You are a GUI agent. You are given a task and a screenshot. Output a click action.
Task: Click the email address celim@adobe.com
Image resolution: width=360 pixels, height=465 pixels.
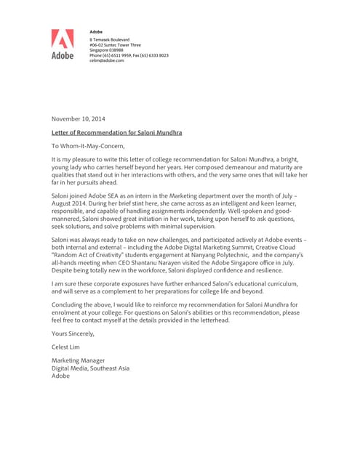pyautogui.click(x=107, y=60)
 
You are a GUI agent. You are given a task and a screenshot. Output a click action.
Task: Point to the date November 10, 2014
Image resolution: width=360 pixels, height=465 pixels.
pyautogui.click(x=78, y=118)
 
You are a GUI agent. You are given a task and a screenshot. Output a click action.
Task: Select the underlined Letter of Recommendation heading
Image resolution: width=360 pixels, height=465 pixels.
pyautogui.click(x=116, y=133)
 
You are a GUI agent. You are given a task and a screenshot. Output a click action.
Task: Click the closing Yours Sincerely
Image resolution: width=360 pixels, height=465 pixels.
pyautogui.click(x=73, y=333)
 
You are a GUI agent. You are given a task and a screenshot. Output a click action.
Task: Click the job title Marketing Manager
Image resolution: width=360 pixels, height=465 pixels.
pyautogui.click(x=78, y=360)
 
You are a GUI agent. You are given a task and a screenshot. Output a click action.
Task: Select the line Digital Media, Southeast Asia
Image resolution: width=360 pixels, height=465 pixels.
pyautogui.click(x=90, y=368)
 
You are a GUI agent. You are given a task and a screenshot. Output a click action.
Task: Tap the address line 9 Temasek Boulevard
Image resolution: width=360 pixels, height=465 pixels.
pyautogui.click(x=109, y=39)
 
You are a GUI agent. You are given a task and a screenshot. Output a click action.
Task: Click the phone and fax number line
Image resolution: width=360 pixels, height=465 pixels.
pyautogui.click(x=129, y=55)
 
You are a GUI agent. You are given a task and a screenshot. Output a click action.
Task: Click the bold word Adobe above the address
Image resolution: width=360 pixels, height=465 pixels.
pyautogui.click(x=96, y=32)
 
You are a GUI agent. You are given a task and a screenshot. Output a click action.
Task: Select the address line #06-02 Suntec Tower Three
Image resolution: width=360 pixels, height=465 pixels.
pyautogui.click(x=115, y=44)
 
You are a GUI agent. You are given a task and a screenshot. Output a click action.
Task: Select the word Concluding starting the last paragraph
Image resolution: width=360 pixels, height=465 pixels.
pyautogui.click(x=68, y=304)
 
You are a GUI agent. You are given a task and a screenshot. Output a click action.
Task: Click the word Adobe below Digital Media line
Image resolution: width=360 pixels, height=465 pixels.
pyautogui.click(x=60, y=376)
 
